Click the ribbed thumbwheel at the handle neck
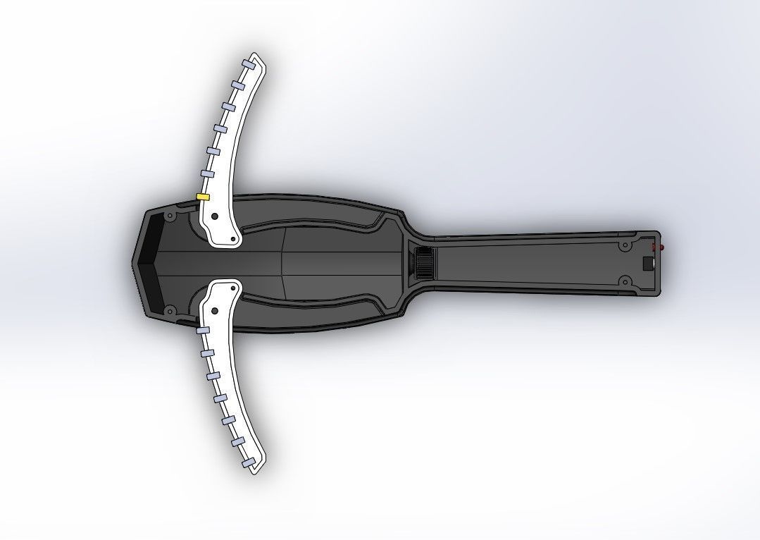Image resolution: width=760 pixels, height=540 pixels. pos(423,262)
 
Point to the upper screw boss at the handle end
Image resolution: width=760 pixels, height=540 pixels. pos(624,247)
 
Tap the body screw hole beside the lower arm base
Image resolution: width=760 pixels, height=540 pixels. pos(169,309)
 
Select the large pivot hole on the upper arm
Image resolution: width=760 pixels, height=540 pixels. pos(214,217)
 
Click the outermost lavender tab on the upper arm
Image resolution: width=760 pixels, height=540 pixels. pos(248,64)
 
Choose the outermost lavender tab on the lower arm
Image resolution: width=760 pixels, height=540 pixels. pos(248,462)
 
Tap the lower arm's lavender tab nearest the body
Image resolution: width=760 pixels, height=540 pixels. pos(202,330)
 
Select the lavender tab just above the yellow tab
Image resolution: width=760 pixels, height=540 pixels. pos(206,173)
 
